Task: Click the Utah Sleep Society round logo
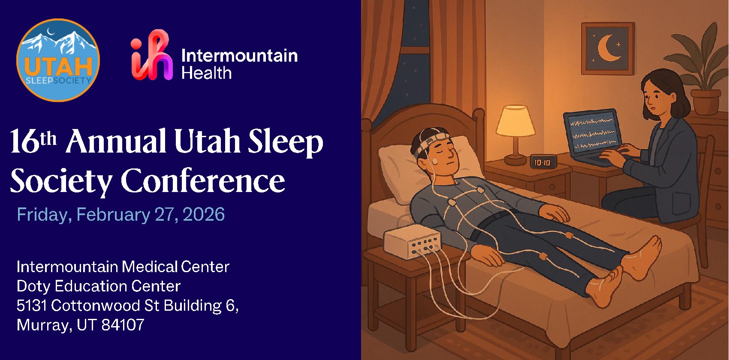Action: click(x=58, y=60)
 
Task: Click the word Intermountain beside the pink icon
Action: click(x=240, y=56)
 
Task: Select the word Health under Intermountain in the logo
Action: click(x=207, y=73)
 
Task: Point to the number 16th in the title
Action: click(x=33, y=141)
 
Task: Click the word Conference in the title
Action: click(x=203, y=181)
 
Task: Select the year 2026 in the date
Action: click(x=204, y=215)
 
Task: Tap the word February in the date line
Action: click(x=113, y=215)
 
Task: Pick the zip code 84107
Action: click(x=123, y=325)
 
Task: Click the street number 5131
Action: click(x=32, y=306)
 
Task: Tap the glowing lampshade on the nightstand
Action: click(x=515, y=120)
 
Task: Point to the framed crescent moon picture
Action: click(x=607, y=48)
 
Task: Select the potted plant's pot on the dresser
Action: click(x=705, y=101)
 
